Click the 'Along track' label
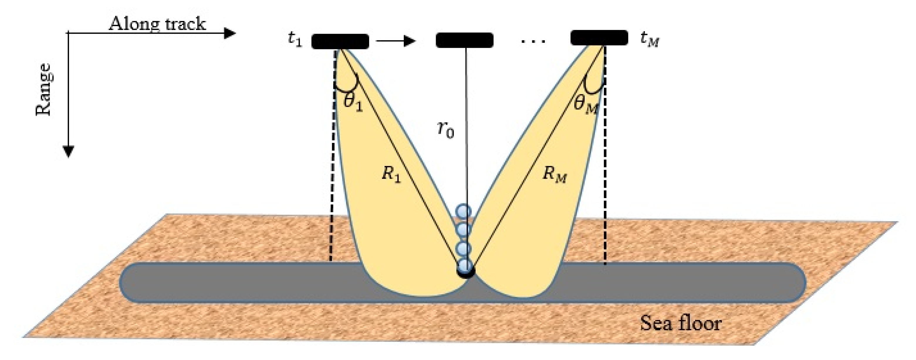pyautogui.click(x=157, y=24)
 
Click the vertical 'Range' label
pyautogui.click(x=44, y=90)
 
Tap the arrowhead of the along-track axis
pyautogui.click(x=230, y=33)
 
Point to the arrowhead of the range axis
pyautogui.click(x=68, y=152)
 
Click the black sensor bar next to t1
pyautogui.click(x=340, y=41)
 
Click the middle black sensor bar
pyautogui.click(x=464, y=40)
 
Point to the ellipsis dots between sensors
pyautogui.click(x=533, y=42)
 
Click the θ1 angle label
pyautogui.click(x=353, y=102)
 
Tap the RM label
pyautogui.click(x=554, y=175)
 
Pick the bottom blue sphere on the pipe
pyautogui.click(x=465, y=266)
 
